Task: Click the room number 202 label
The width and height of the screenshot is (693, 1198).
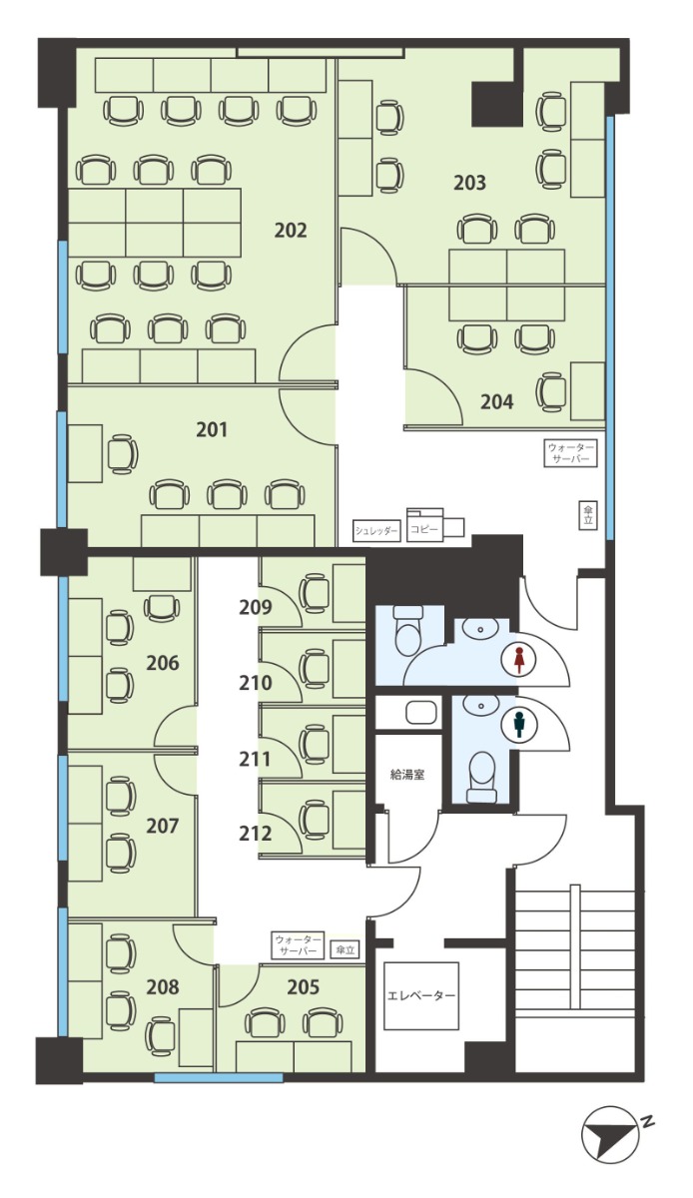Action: [x=291, y=231]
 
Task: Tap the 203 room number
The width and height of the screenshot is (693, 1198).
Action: [x=470, y=183]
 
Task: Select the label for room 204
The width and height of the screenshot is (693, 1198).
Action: [x=496, y=401]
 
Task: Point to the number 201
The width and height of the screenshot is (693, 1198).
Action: [x=212, y=429]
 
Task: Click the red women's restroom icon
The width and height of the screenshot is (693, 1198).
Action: [x=517, y=661]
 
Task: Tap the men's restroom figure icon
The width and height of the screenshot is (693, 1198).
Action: [x=517, y=725]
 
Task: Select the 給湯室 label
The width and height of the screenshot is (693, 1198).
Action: [x=407, y=775]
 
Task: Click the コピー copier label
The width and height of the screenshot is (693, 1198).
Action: [x=424, y=530]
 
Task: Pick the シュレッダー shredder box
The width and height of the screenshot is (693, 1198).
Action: [x=376, y=531]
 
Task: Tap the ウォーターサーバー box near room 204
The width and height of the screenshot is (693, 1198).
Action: [x=570, y=453]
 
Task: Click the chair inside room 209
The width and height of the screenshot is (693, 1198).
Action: [x=315, y=593]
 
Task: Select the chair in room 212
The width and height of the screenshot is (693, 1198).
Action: [x=315, y=819]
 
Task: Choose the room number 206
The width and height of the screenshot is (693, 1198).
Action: [x=163, y=663]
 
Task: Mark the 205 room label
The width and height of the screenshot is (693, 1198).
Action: [x=303, y=986]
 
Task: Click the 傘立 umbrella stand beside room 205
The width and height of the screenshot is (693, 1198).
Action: [x=345, y=949]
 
